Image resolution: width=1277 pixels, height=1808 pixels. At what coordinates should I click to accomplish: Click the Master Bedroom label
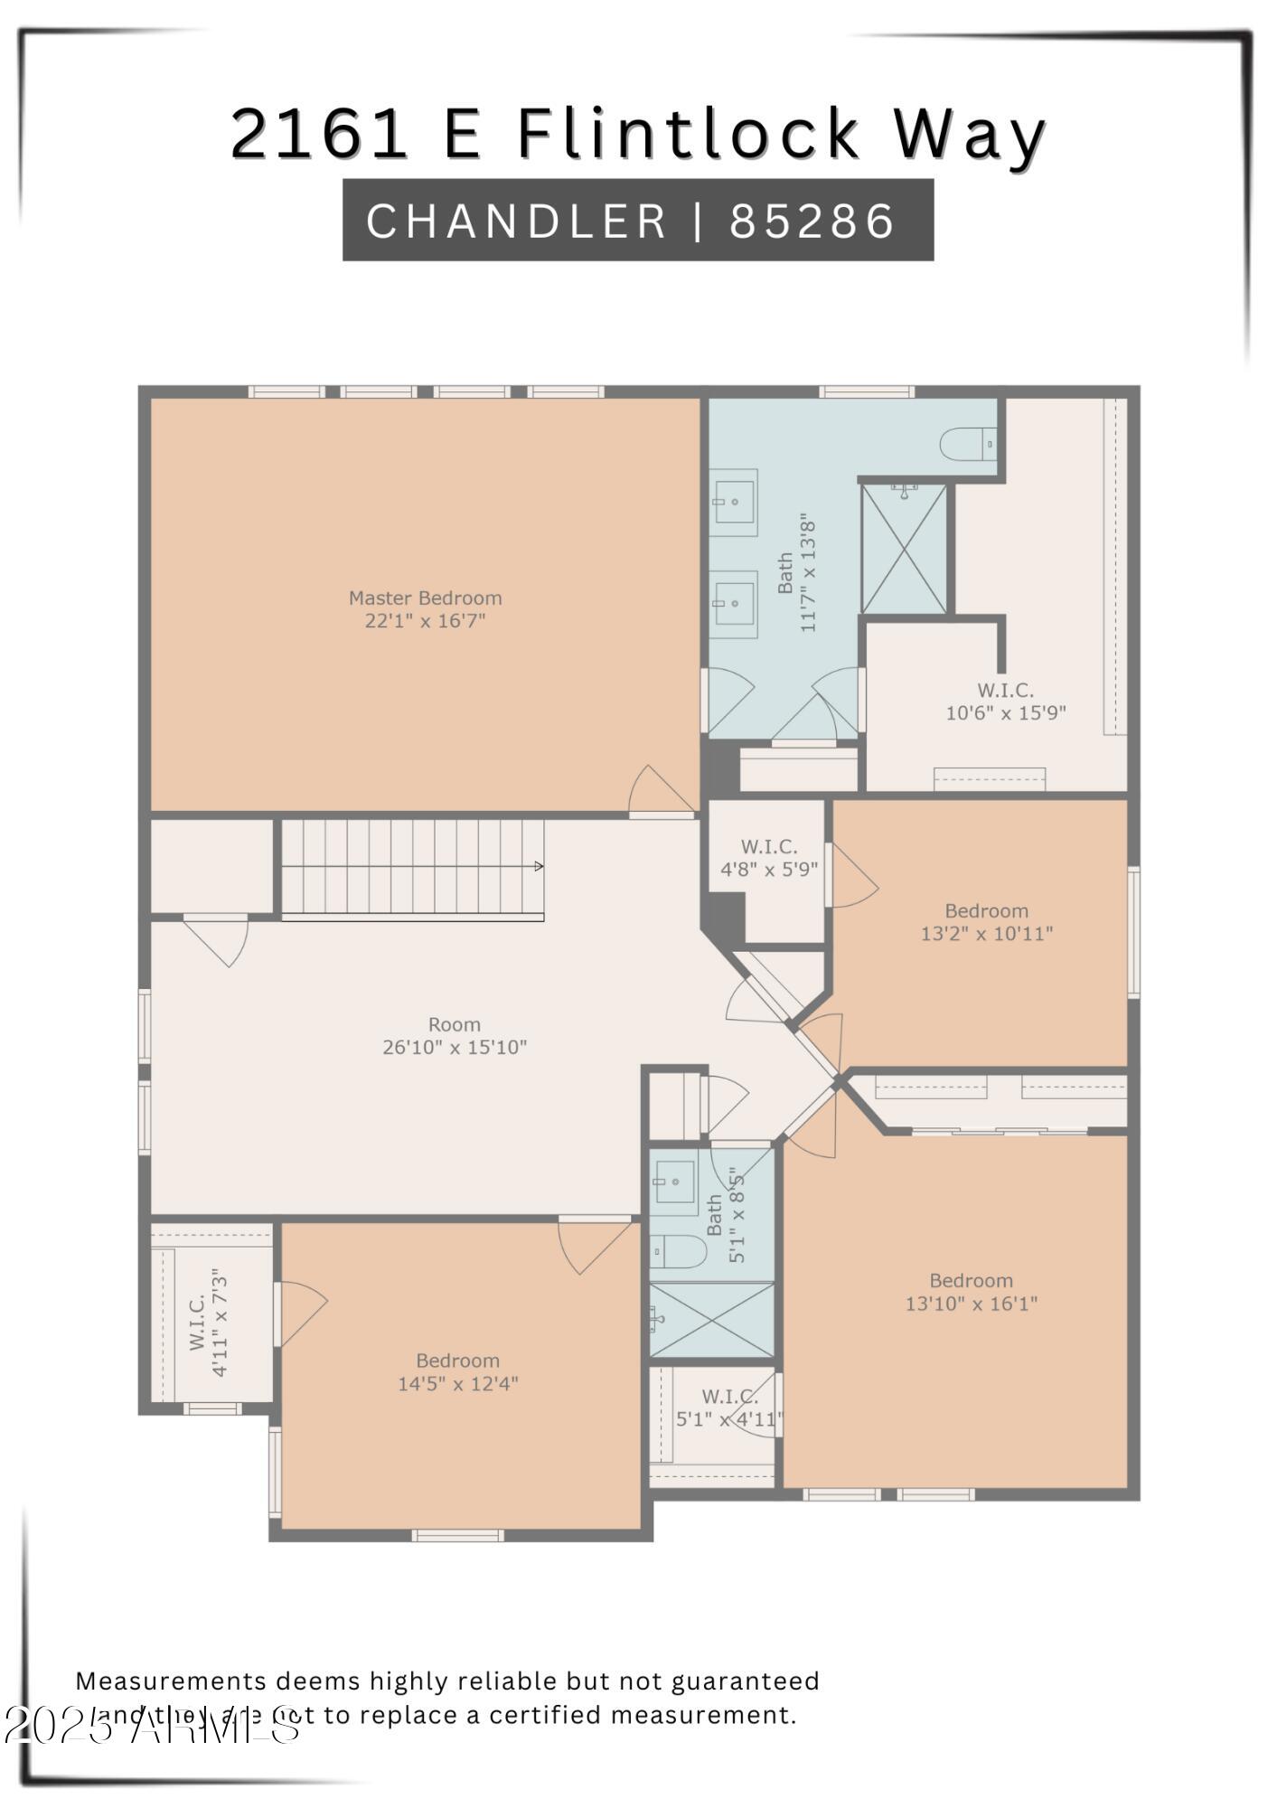425,598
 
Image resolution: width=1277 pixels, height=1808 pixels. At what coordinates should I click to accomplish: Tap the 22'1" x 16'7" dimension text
425,621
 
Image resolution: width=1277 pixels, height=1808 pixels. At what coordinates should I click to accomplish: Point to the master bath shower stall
904,550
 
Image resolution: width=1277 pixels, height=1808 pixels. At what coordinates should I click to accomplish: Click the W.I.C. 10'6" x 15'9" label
1005,702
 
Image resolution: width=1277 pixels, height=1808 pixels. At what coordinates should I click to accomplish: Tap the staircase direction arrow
539,866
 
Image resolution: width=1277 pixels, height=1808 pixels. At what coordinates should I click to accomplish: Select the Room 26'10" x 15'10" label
454,1036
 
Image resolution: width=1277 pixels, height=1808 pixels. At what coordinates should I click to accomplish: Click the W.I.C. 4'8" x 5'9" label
768,858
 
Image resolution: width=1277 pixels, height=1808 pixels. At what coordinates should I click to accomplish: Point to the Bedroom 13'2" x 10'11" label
986,922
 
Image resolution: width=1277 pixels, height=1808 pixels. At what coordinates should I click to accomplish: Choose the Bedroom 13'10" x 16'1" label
971,1292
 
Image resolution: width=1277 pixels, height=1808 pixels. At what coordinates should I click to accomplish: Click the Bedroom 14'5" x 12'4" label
457,1371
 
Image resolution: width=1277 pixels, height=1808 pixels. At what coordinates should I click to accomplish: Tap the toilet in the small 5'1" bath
678,1251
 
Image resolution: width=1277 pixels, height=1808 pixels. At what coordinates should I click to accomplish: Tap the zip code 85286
812,221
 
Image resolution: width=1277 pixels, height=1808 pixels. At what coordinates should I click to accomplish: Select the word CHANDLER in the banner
516,221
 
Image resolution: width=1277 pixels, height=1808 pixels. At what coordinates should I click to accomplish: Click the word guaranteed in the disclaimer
745,1681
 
